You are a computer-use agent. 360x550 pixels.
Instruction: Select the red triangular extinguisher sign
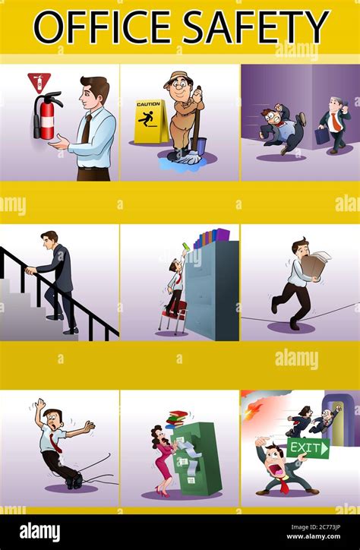point(39,83)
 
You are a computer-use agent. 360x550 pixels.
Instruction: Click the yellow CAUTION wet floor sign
point(150,122)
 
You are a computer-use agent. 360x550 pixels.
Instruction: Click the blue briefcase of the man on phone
point(322,136)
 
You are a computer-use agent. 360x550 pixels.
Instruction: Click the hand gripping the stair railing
point(30,270)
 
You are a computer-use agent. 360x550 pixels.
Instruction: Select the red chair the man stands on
point(173,316)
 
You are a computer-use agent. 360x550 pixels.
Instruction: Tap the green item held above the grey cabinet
point(185,246)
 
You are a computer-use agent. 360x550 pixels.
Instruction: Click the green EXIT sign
point(308,448)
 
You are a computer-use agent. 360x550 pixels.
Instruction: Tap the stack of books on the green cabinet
point(177,419)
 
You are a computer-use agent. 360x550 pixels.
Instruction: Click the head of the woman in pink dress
point(159,435)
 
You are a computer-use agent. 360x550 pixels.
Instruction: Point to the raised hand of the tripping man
point(40,405)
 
